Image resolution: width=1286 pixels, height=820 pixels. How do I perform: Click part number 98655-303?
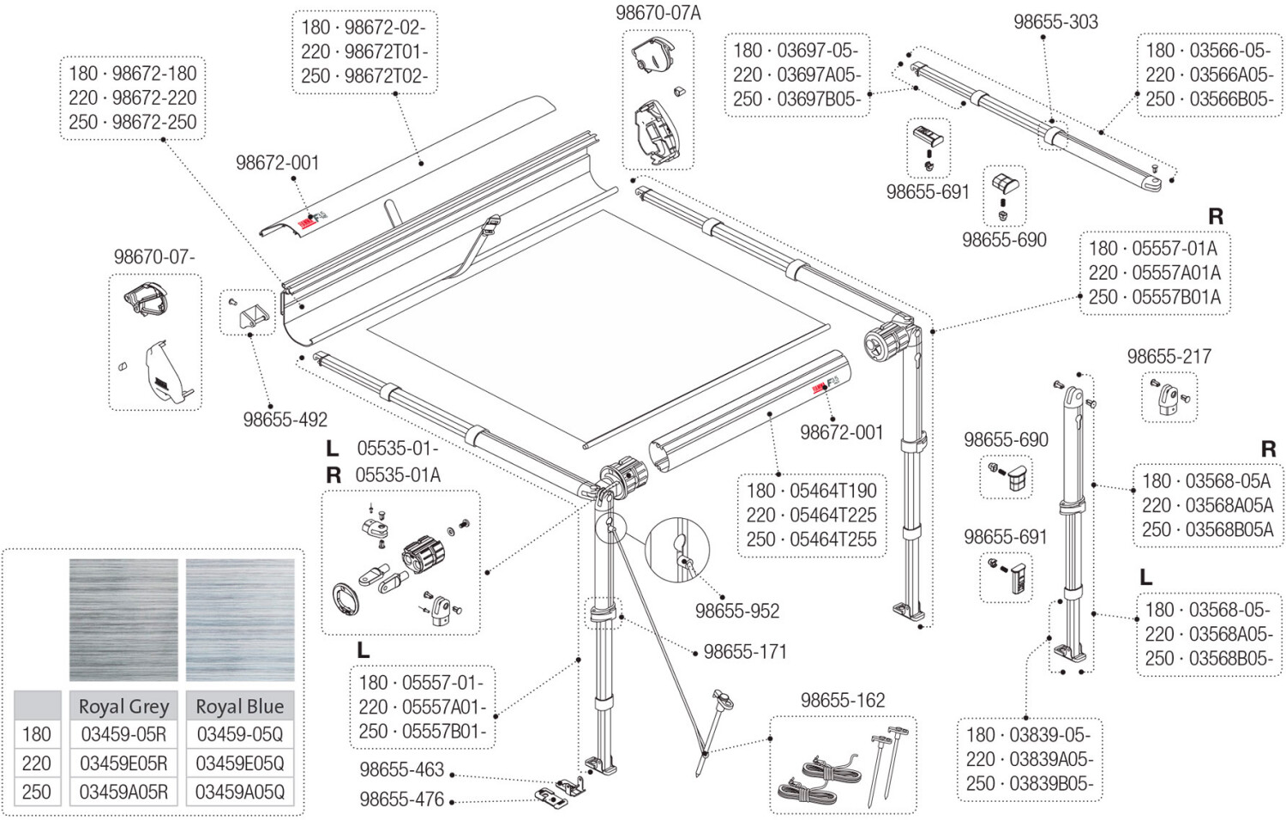(x=1055, y=21)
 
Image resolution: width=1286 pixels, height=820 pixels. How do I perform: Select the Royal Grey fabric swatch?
(x=123, y=619)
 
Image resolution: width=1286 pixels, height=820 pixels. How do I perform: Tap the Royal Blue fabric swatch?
(x=240, y=619)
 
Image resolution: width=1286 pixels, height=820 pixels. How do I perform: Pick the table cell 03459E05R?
(x=123, y=763)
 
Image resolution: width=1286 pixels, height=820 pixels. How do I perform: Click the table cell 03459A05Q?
(x=240, y=792)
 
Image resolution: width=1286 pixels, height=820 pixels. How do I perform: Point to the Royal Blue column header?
(x=240, y=706)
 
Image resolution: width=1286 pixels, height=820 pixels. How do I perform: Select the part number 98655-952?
(x=737, y=611)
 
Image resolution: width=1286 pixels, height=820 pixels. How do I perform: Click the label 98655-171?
(x=745, y=652)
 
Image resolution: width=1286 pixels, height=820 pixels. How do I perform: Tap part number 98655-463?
(x=402, y=769)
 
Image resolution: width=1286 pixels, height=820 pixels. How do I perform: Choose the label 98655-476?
(x=402, y=799)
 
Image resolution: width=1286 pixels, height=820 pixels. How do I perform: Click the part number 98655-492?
(x=285, y=419)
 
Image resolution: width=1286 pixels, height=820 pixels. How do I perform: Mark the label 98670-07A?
(x=658, y=13)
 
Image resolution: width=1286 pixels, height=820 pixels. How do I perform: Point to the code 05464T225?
(x=833, y=516)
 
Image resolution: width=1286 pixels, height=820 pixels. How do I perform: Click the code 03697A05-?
(x=820, y=75)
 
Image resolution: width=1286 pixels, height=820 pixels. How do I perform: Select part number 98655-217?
(x=1169, y=356)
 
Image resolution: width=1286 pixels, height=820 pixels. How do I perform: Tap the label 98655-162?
(x=843, y=700)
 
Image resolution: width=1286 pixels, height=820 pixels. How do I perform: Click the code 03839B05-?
(x=1052, y=783)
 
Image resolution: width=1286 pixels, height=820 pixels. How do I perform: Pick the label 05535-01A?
(x=398, y=475)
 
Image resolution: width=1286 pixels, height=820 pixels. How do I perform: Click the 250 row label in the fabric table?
(x=36, y=792)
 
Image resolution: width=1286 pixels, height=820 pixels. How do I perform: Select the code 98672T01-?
(x=387, y=51)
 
